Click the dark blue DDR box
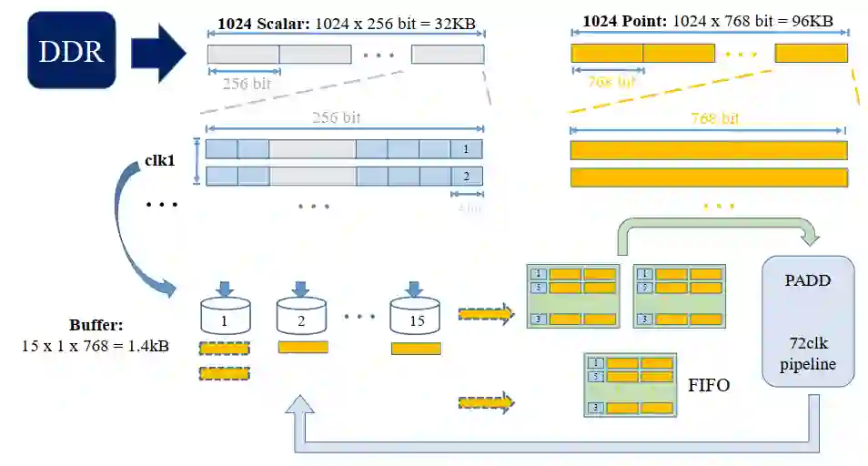(x=71, y=50)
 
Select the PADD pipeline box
(x=808, y=320)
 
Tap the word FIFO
(x=710, y=386)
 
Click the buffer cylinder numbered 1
(x=224, y=317)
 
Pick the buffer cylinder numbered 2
(x=302, y=317)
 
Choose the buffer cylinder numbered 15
(x=415, y=316)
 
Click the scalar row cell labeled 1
(x=466, y=148)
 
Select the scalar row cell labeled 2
(x=466, y=176)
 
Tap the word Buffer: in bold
(x=95, y=326)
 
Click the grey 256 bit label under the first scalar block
(x=246, y=85)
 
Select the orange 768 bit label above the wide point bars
(x=714, y=118)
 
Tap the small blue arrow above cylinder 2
(x=301, y=288)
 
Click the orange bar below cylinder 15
(x=416, y=348)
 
